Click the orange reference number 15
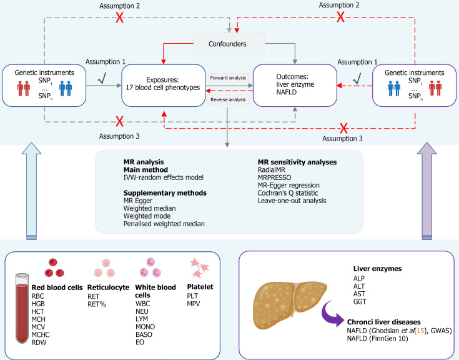[406, 329]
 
